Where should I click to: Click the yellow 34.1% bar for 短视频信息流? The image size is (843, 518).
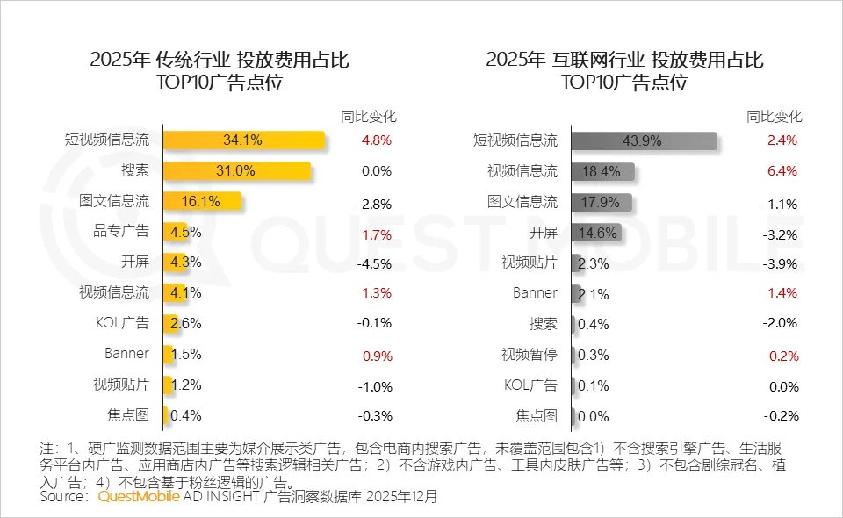pos(244,140)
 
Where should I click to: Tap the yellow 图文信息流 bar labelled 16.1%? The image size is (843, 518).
pos(202,201)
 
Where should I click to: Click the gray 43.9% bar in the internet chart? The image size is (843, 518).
pos(644,140)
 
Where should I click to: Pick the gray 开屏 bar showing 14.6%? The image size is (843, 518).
pos(596,232)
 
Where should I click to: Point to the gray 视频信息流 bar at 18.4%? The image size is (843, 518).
pos(602,171)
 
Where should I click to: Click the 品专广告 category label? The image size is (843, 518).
pos(126,232)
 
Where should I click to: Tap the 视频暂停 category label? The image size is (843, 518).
pos(529,355)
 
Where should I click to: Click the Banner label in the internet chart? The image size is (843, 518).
pos(535,292)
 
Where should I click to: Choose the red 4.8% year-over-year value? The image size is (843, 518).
pos(377,140)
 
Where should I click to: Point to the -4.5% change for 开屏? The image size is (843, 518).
pos(375,263)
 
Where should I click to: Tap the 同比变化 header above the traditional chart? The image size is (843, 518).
pos(368,116)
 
